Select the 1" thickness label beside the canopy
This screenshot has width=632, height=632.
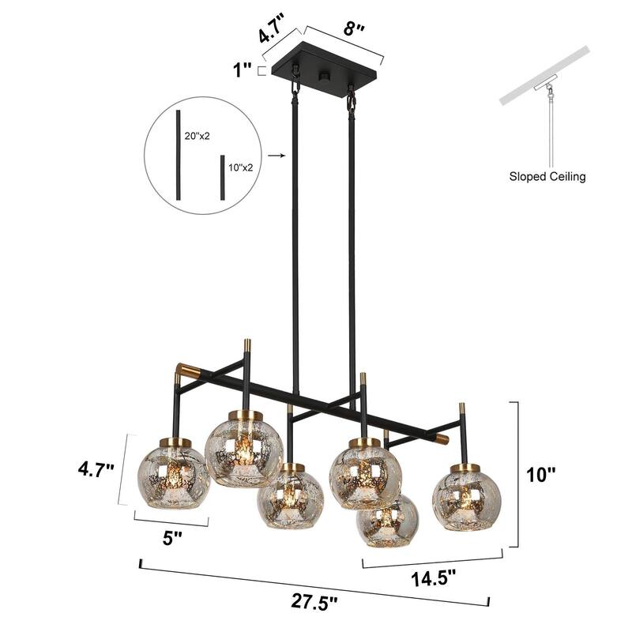click(x=242, y=70)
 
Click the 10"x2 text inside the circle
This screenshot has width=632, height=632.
click(x=242, y=167)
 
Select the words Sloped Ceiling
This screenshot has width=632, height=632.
click(x=547, y=176)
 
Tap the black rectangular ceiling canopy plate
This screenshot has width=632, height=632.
click(x=325, y=75)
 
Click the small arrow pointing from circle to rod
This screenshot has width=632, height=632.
click(x=276, y=156)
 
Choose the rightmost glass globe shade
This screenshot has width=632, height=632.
click(x=466, y=498)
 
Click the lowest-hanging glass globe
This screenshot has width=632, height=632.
click(x=388, y=521)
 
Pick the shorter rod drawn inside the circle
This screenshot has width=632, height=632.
click(x=223, y=177)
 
